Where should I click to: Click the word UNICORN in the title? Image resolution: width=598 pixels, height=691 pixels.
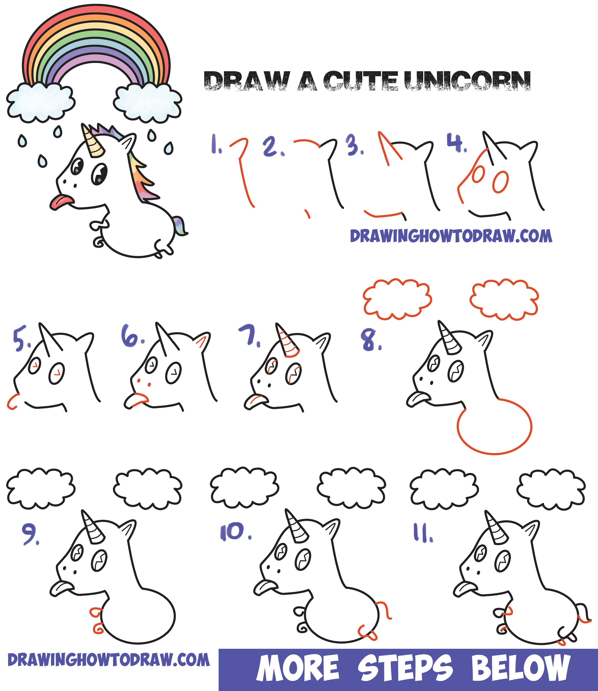coord(467,81)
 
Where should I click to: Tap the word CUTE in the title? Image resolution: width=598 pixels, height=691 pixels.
coord(360,81)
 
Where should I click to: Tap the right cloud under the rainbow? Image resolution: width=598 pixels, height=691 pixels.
coord(147,102)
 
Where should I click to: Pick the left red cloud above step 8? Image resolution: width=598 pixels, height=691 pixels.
coord(397,299)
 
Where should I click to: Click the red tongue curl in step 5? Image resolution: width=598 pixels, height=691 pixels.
coord(12,402)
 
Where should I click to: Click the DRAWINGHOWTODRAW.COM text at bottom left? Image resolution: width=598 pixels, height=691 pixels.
coord(109,660)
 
